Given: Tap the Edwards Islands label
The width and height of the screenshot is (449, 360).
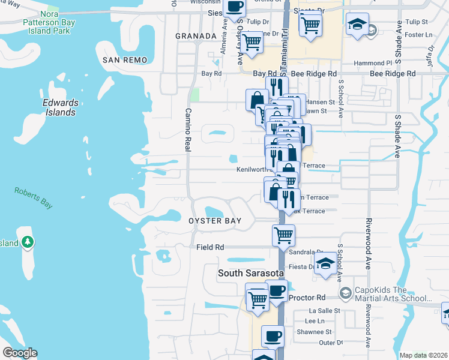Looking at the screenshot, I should click(60, 107).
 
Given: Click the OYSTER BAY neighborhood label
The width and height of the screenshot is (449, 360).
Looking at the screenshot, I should click(215, 221).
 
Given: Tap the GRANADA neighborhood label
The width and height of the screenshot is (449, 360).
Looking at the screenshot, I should click(195, 36).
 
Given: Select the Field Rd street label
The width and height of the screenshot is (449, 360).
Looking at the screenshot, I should click(210, 247).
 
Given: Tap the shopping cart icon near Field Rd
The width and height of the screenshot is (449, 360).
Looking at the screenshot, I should click(283, 235).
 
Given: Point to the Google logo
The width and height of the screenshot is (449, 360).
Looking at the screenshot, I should click(20, 353).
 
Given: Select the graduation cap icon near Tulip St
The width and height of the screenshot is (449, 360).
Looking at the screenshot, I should click(357, 25).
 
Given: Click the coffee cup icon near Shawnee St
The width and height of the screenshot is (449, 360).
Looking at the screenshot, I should click(273, 336).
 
